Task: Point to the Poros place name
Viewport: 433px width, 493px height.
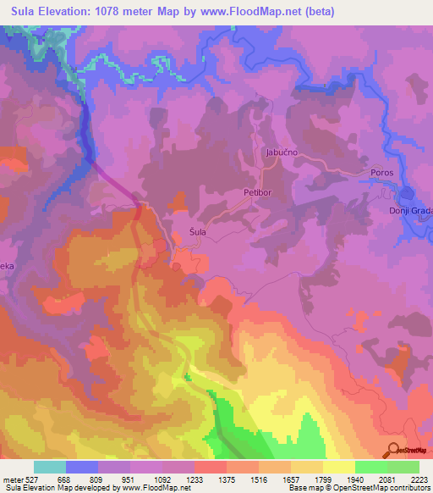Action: pyautogui.click(x=382, y=173)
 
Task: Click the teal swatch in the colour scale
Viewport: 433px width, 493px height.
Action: pyautogui.click(x=50, y=467)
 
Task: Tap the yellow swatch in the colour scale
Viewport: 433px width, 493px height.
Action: pyautogui.click(x=338, y=467)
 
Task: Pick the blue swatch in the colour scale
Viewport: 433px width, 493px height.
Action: pyautogui.click(x=82, y=467)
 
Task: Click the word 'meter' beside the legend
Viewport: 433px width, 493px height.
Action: pyautogui.click(x=13, y=479)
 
